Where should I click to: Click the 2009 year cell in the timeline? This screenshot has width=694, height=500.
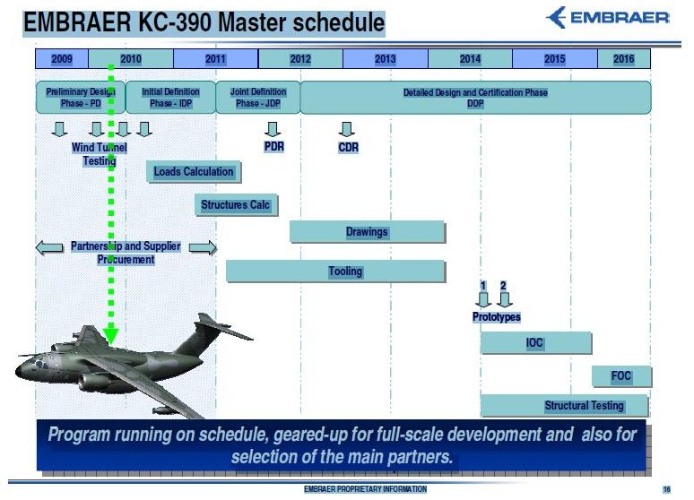tap(62, 59)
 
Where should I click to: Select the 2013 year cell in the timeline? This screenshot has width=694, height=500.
tap(386, 59)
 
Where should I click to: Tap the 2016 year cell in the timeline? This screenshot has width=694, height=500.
tap(624, 59)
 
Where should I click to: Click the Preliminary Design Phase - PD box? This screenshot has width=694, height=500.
tap(81, 97)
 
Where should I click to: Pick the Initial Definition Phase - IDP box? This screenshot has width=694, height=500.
tap(170, 97)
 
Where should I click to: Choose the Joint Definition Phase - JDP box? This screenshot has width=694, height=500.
tap(258, 97)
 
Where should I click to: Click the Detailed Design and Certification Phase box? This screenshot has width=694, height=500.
tap(475, 97)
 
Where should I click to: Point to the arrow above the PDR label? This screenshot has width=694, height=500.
tap(273, 129)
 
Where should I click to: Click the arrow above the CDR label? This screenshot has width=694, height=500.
tap(349, 129)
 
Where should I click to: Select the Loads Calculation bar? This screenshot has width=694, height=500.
tap(194, 171)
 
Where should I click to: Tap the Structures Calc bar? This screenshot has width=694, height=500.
tap(235, 205)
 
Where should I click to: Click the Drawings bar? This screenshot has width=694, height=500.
tap(367, 232)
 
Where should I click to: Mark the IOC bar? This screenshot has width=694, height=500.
tap(535, 343)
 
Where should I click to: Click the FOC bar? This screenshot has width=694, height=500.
tap(620, 376)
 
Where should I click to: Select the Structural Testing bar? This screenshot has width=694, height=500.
tap(565, 406)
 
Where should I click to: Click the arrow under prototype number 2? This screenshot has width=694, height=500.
tap(505, 299)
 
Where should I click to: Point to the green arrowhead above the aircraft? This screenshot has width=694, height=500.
tap(111, 334)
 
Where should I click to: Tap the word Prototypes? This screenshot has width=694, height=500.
tap(496, 317)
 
